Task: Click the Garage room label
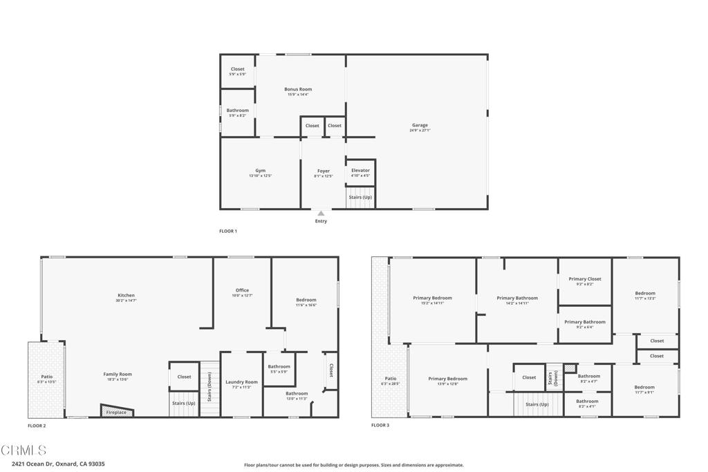[x=419, y=125]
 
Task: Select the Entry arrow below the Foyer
[x=321, y=214]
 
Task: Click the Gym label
[x=260, y=171]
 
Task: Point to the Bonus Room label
[x=298, y=89]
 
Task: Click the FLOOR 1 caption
[x=228, y=231]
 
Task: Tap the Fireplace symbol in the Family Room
[x=116, y=412]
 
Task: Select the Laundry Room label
[x=241, y=382]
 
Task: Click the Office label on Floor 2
[x=242, y=290]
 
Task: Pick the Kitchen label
[x=126, y=295]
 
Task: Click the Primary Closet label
[x=585, y=279]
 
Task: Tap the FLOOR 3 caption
[x=380, y=425]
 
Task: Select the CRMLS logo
[x=24, y=451]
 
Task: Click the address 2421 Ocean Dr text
[x=58, y=464]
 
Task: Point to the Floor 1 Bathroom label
[x=238, y=111]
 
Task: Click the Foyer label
[x=324, y=171]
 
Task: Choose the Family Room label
[x=118, y=374]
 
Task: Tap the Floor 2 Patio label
[x=46, y=377]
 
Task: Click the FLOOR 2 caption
[x=37, y=426]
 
